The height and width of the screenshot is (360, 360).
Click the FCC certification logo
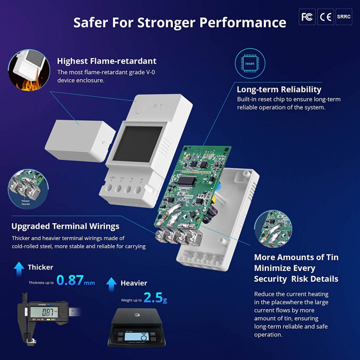tap(307, 17)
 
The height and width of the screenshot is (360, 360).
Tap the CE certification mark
tap(326, 17)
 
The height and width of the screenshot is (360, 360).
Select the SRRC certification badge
tap(344, 17)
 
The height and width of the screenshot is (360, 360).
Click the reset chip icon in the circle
tap(250, 63)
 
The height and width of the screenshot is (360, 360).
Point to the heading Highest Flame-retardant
tap(106, 61)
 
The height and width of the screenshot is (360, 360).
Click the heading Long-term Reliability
tap(279, 89)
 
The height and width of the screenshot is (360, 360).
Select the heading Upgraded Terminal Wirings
tap(65, 226)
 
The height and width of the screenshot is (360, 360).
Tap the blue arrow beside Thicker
tap(19, 267)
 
